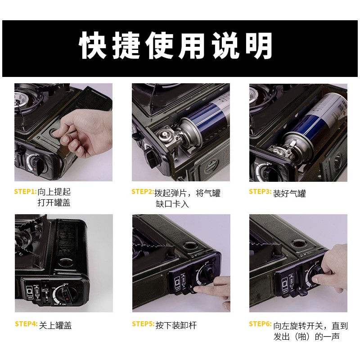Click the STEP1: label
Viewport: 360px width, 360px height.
click(25, 192)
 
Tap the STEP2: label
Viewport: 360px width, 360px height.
click(143, 192)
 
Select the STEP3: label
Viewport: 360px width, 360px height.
click(260, 192)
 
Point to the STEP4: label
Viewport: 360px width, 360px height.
click(26, 324)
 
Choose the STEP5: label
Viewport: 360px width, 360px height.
click(143, 324)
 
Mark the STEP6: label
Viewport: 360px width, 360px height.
click(260, 324)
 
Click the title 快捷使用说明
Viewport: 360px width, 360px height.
click(175, 45)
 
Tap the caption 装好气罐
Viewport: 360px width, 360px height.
click(289, 193)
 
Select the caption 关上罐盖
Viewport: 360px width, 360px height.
click(55, 325)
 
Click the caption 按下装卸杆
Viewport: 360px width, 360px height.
click(176, 325)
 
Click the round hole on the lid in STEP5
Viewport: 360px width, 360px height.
click(190, 245)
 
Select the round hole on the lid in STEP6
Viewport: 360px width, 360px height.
click(299, 243)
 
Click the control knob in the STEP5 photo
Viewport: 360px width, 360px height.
click(206, 274)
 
